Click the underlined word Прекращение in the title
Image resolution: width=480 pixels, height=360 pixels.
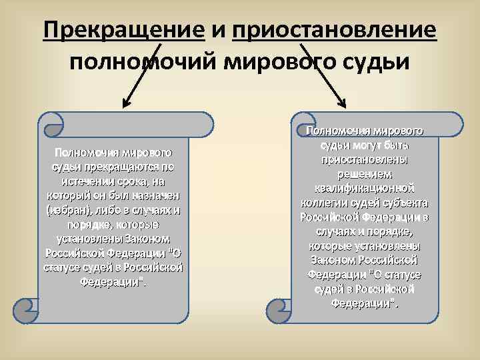123,30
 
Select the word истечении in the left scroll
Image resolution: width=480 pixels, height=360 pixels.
90,181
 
